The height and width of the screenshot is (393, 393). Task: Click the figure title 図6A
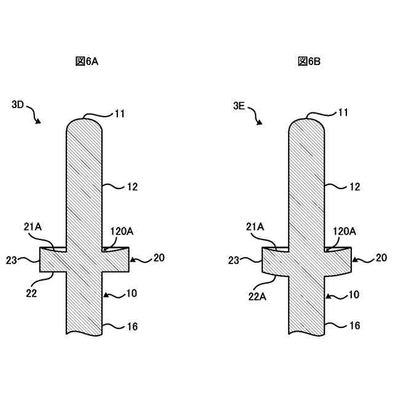(x=87, y=61)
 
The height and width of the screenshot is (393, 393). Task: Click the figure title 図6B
(x=309, y=61)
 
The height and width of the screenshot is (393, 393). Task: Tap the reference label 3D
(x=18, y=105)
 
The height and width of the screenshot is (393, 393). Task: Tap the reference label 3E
(x=239, y=106)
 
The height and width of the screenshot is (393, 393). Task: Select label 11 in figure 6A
(x=120, y=112)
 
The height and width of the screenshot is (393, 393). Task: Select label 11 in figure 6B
(x=343, y=112)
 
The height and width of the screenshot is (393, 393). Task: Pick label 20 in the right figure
(x=381, y=258)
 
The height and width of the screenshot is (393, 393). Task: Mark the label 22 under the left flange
(x=31, y=294)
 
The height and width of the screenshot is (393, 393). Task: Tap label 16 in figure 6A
(x=132, y=327)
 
